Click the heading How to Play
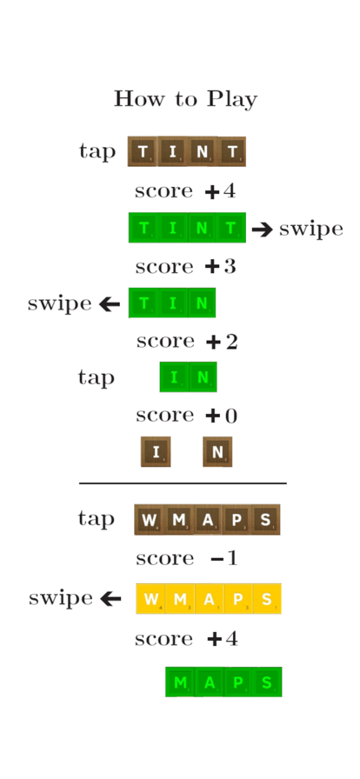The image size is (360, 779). [185, 99]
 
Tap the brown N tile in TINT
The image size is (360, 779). [202, 151]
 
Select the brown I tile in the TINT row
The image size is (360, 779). [172, 151]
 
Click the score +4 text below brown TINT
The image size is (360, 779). [185, 191]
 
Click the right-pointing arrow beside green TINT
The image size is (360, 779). [262, 230]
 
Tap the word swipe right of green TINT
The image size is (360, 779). [311, 229]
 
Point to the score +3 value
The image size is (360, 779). [185, 267]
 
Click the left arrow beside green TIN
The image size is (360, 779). [110, 304]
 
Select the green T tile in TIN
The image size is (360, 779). [143, 303]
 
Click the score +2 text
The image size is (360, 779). [187, 342]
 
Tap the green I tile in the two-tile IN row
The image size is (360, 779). [174, 377]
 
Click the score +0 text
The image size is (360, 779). [186, 416]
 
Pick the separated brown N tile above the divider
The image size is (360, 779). [217, 451]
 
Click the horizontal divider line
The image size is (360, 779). [183, 483]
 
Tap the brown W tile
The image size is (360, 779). [149, 520]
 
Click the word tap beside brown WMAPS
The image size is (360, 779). [96, 519]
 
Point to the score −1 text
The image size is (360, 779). [187, 559]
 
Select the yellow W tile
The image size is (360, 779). [150, 599]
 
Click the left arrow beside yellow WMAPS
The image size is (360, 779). [110, 599]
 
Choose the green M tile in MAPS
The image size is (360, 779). [180, 682]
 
